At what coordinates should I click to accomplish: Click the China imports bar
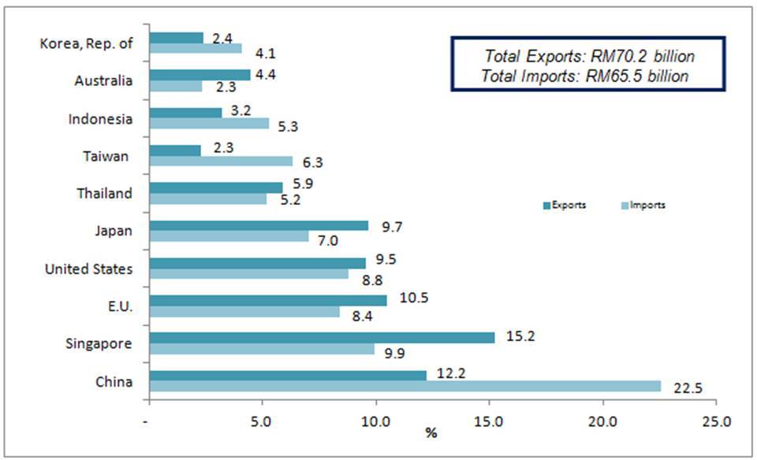coord(405,386)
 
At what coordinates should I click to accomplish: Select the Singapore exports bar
coord(322,337)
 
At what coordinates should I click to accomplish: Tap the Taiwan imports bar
coord(221,161)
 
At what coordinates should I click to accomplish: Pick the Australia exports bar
coord(200,75)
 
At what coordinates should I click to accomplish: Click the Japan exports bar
coord(259,225)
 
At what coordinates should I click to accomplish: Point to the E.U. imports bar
coord(244,311)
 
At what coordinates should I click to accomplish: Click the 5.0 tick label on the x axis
coord(262,421)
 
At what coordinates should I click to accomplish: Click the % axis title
coord(431,434)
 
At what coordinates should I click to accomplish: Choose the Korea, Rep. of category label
coord(86,43)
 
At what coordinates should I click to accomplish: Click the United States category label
coord(88,269)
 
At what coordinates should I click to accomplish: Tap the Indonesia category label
coord(100,119)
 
